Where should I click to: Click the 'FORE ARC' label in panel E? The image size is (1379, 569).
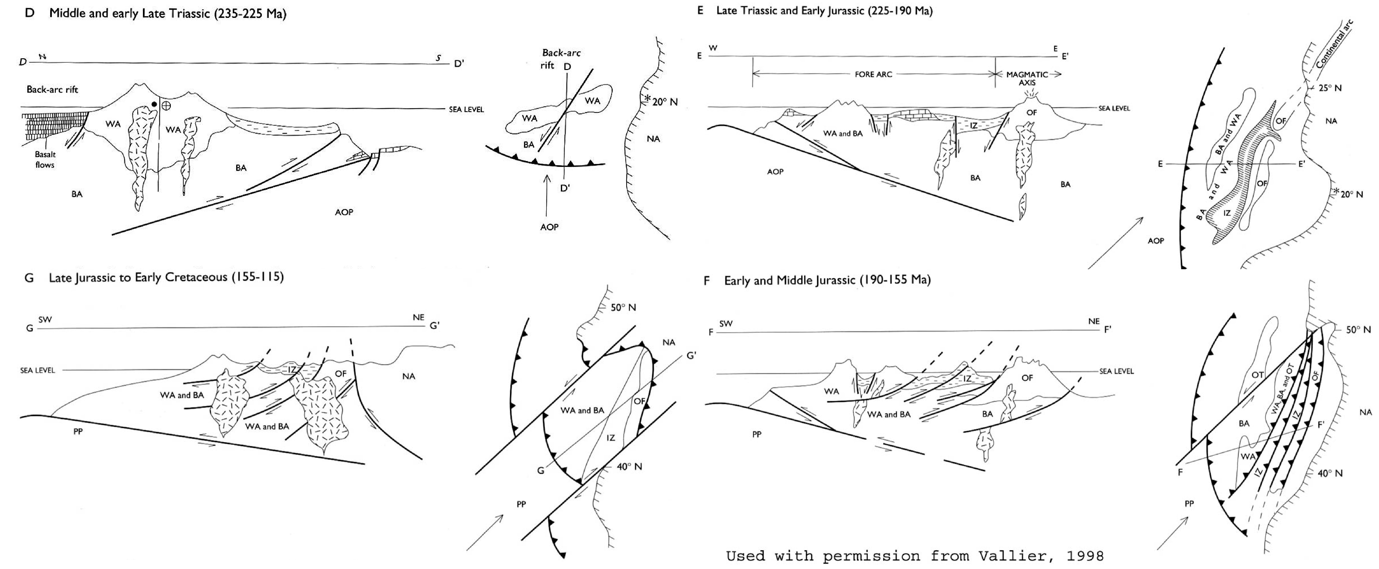pos(873,74)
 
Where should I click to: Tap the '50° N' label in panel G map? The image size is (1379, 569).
pos(623,308)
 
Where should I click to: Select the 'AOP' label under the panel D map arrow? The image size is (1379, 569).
pos(549,227)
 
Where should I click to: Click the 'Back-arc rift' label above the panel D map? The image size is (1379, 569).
pos(560,58)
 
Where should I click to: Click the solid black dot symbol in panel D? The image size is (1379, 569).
pos(154,104)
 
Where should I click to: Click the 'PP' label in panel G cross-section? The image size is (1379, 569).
pos(78,431)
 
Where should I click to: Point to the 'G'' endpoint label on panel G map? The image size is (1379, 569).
pos(691,355)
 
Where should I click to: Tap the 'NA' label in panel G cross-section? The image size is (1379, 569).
pos(408,376)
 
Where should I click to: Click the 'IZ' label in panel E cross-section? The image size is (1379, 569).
pos(974,126)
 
